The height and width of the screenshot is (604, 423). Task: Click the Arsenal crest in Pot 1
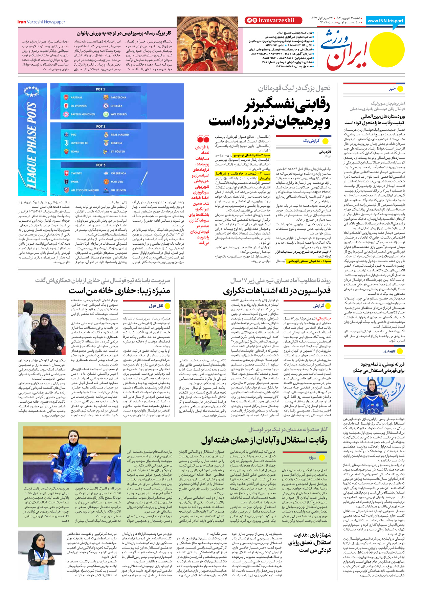click(66, 97)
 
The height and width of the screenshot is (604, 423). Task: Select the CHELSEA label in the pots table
click(116, 106)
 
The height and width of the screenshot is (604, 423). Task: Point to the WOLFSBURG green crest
click(106, 114)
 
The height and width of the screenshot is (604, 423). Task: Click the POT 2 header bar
click(101, 126)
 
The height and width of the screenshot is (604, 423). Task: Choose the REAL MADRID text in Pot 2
click(120, 135)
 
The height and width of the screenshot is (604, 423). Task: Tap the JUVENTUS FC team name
click(80, 143)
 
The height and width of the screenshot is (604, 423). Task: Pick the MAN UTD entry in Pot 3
click(117, 182)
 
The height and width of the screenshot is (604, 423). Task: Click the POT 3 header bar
click(101, 165)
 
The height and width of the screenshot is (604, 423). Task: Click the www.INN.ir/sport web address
click(385, 21)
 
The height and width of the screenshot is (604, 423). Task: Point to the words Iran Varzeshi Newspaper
click(41, 22)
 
